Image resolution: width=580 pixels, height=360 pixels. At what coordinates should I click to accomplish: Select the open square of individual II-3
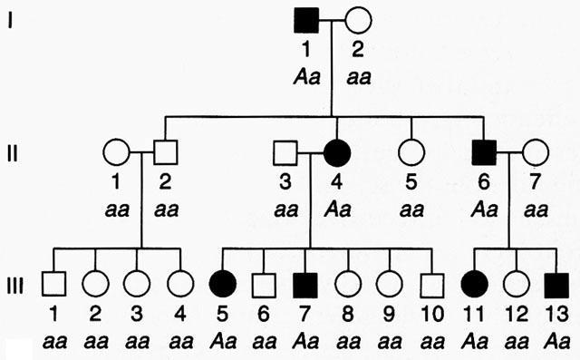pos(287,150)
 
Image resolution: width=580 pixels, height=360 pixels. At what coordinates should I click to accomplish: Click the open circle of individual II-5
pos(412,150)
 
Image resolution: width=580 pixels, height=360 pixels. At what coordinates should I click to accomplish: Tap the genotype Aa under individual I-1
pos(304,76)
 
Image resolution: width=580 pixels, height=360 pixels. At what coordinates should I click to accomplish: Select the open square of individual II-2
pos(165,150)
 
